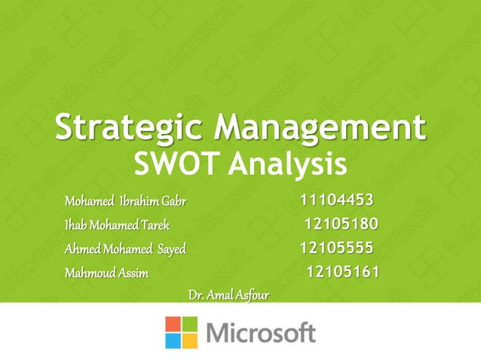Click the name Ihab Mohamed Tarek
click(117, 225)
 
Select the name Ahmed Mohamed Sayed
click(124, 249)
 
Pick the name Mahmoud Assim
click(106, 273)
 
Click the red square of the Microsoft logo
click(173, 323)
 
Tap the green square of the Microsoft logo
click(190, 323)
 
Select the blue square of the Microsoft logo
click(173, 340)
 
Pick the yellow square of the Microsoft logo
click(190, 340)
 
